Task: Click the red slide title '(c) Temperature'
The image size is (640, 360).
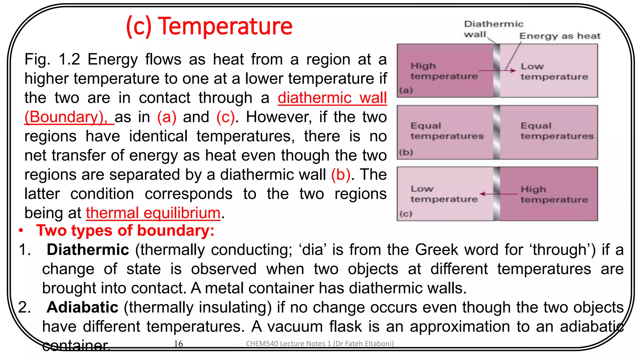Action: click(x=209, y=26)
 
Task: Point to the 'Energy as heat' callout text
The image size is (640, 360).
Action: click(x=560, y=36)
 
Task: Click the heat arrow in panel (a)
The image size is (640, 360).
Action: click(x=497, y=71)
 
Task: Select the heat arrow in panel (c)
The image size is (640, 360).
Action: click(x=498, y=194)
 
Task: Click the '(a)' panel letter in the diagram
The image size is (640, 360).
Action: click(x=406, y=91)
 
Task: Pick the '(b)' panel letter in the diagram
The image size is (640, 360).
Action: click(x=406, y=152)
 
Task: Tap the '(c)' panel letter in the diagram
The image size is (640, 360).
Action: click(x=406, y=214)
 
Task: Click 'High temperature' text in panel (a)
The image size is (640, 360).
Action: click(x=444, y=71)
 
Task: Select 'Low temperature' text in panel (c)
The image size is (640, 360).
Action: click(x=444, y=194)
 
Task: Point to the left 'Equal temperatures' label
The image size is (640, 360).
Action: click(x=447, y=131)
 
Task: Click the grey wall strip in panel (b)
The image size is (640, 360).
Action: click(x=497, y=132)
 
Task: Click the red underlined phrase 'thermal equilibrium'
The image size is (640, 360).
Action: click(x=153, y=213)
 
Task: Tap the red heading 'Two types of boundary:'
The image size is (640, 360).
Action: click(x=125, y=231)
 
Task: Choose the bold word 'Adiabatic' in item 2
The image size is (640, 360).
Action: click(x=82, y=307)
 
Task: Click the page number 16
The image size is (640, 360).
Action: click(x=178, y=344)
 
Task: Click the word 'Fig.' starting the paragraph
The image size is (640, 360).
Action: click(x=37, y=59)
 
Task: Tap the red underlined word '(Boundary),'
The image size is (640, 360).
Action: click(x=66, y=117)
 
